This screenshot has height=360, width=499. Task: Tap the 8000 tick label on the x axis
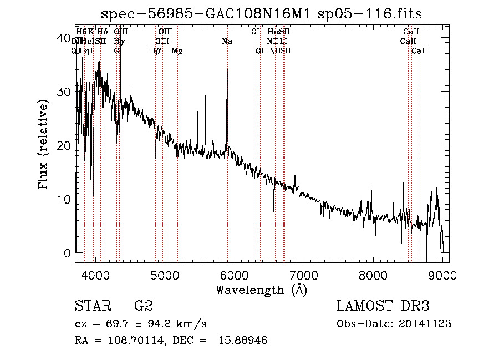point(373,275)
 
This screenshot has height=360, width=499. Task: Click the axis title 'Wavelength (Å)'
point(261,290)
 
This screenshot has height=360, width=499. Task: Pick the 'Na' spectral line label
point(227,42)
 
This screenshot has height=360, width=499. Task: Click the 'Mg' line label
point(177,51)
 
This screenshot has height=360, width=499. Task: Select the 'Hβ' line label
point(155,51)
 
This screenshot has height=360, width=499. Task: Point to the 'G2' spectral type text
point(144,306)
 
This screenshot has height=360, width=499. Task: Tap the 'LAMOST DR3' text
point(383,306)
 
